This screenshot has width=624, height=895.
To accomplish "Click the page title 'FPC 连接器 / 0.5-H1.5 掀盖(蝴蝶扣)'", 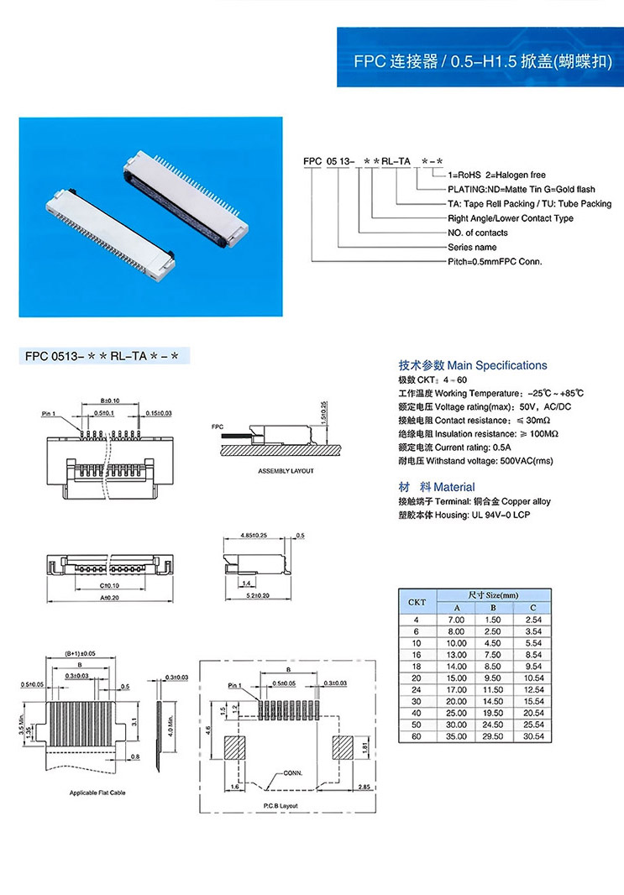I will click(x=482, y=62).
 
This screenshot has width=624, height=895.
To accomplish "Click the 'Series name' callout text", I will click(x=472, y=247).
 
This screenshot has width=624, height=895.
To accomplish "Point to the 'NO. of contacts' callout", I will click(x=477, y=233).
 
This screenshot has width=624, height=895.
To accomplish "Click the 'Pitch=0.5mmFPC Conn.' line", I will click(x=495, y=261).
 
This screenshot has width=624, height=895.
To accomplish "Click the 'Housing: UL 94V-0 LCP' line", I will click(x=464, y=515).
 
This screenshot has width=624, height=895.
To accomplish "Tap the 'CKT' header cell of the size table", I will click(x=417, y=601).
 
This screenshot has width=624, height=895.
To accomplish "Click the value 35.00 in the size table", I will click(x=457, y=735).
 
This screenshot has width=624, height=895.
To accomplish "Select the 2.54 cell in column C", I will click(x=532, y=619).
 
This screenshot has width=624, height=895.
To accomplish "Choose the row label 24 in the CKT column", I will click(x=417, y=688).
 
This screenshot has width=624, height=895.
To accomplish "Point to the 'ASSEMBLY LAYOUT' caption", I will click(x=286, y=471).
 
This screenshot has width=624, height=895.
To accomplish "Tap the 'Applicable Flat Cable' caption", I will click(x=97, y=793).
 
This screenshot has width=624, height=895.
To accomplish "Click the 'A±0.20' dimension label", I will click(x=109, y=599).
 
